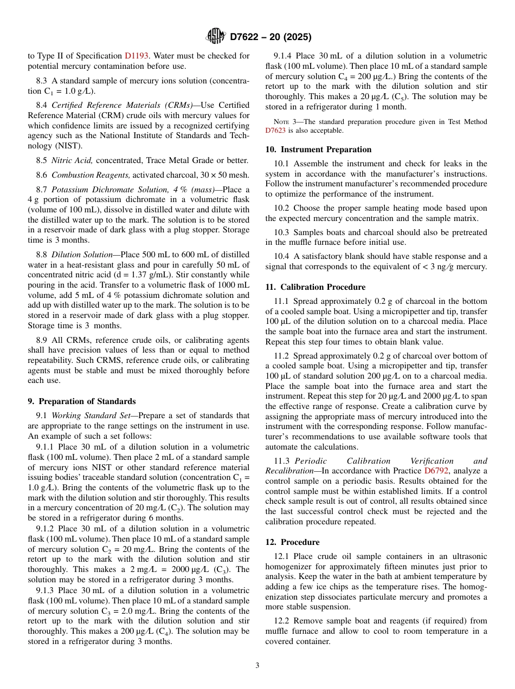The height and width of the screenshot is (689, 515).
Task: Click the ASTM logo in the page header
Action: pos(216,36)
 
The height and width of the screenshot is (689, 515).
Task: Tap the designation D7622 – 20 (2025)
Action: pos(271,37)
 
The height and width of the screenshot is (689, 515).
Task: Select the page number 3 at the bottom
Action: pos(257,665)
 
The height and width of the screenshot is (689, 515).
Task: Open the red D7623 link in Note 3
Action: pos(275,131)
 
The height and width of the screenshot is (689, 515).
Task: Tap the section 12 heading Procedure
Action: pos(300,542)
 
